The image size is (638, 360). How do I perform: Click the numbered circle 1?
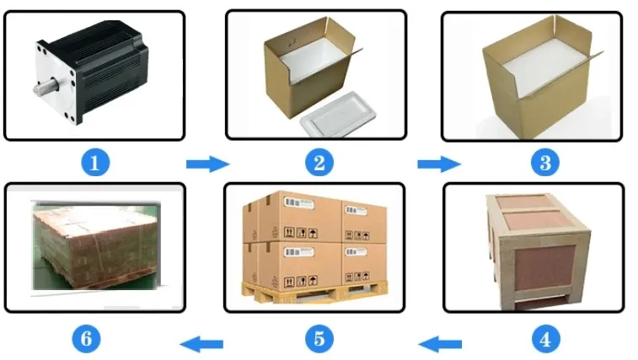tap(95, 163)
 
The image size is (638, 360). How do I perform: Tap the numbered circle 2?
tap(319, 163)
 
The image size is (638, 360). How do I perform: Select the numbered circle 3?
tap(545, 163)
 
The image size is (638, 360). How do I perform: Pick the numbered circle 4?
tap(545, 339)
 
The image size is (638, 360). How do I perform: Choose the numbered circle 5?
tap(319, 339)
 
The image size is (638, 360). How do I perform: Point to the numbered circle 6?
tap(86, 339)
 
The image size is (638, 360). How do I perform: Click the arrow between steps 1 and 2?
tap(208, 164)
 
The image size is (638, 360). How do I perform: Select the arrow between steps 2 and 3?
tap(439, 164)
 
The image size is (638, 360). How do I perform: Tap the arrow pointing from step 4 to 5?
tap(440, 345)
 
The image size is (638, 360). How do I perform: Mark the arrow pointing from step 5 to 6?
tap(201, 345)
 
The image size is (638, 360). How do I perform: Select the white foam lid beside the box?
tap(338, 114)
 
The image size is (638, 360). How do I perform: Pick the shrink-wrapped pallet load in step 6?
tap(96, 245)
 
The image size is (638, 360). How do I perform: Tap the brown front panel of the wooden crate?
tap(545, 268)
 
